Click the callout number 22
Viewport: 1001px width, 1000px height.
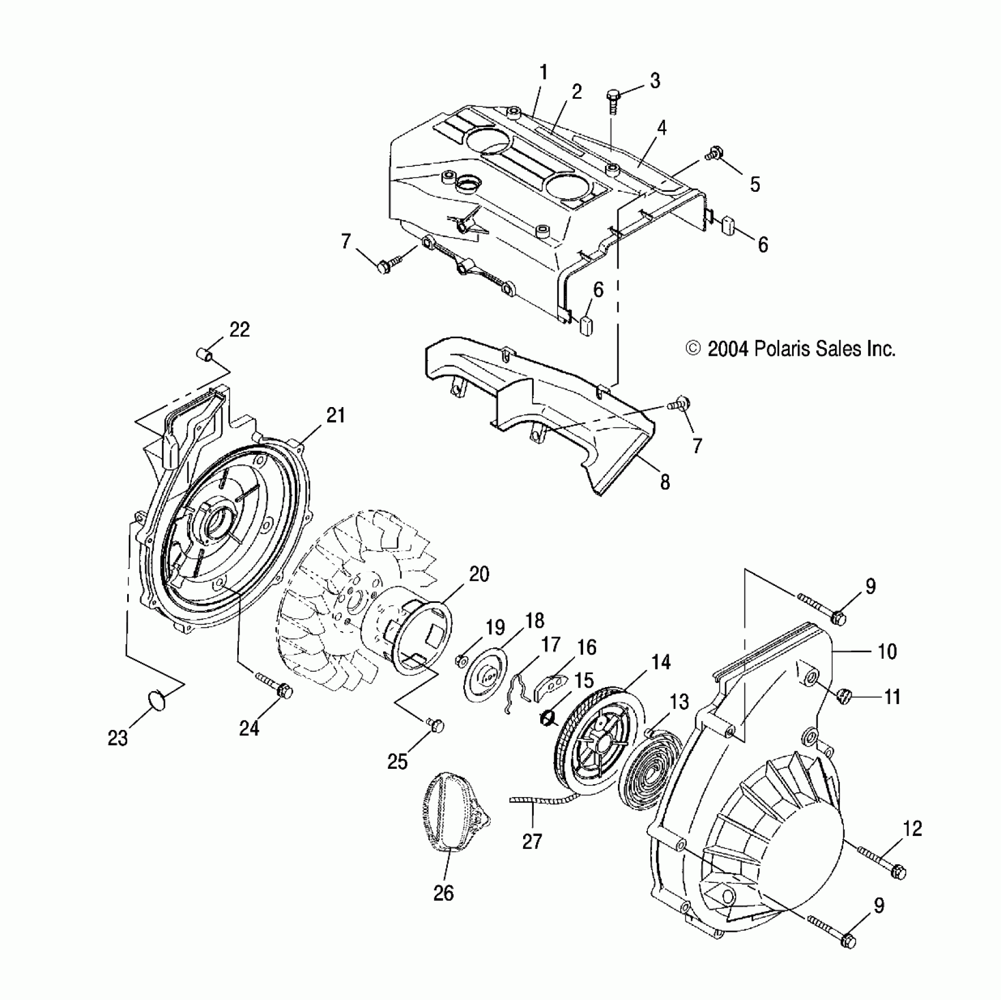(x=240, y=330)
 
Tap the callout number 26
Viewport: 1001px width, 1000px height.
(x=444, y=893)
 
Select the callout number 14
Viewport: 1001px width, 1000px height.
(x=661, y=662)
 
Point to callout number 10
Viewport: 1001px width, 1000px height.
(x=887, y=651)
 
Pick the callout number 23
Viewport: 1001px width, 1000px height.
(x=118, y=738)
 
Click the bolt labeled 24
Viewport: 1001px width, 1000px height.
(x=277, y=686)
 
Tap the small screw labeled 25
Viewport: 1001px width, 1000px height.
(x=435, y=725)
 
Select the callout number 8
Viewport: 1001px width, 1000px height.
(x=664, y=483)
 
